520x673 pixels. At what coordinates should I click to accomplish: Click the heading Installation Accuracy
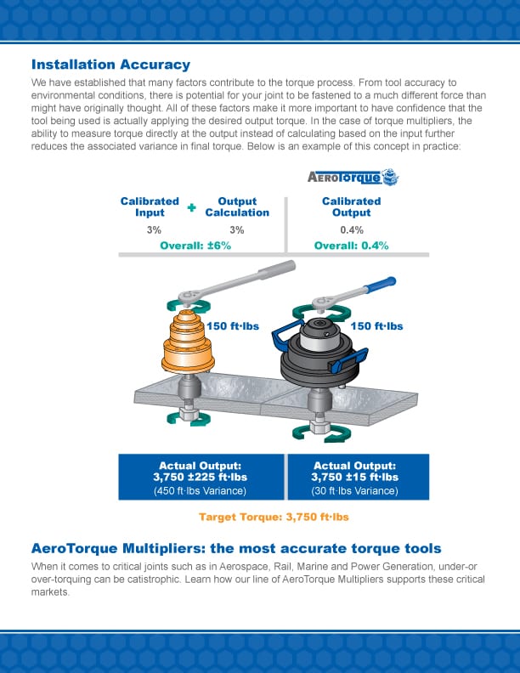tap(110, 65)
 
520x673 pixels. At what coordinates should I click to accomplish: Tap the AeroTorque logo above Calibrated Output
tap(352, 178)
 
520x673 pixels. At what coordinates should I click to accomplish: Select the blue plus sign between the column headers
tap(191, 207)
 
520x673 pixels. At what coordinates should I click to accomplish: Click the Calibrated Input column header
tap(150, 206)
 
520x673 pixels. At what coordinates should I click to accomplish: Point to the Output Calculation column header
tap(237, 206)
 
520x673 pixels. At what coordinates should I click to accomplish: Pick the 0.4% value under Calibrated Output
tap(351, 229)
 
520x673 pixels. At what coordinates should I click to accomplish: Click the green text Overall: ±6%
tap(195, 246)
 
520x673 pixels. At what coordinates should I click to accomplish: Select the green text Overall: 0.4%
tap(351, 246)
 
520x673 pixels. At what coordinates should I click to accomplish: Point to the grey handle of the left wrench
tap(280, 272)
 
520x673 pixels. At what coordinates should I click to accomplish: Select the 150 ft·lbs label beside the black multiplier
tap(376, 325)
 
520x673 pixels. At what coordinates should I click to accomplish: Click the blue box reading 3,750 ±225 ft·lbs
tap(201, 477)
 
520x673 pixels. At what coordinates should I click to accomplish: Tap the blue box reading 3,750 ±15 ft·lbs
tap(357, 477)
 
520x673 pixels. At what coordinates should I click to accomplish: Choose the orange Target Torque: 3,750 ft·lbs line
tap(273, 517)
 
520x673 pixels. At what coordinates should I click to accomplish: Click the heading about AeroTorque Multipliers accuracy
tap(236, 548)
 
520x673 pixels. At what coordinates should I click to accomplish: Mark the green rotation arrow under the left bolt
tap(186, 416)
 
